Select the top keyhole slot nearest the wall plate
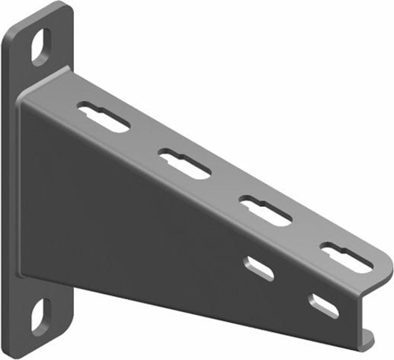(x=105, y=117)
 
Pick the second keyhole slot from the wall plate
(x=185, y=163)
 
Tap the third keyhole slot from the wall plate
(x=265, y=211)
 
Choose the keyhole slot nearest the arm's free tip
(x=347, y=257)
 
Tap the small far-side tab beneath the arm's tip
(x=367, y=334)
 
